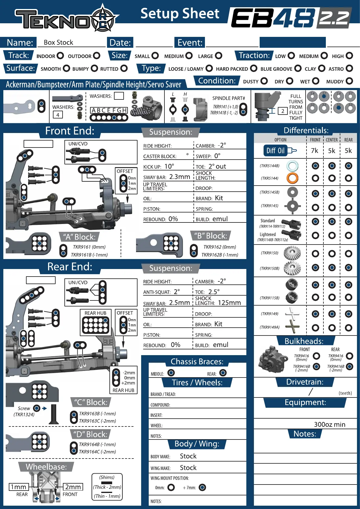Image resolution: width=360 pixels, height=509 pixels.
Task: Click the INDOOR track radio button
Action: tap(60, 56)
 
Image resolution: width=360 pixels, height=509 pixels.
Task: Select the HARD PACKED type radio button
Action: tap(254, 68)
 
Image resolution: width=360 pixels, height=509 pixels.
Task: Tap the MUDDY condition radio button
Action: tap(349, 81)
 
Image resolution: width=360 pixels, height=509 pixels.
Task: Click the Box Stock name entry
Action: tap(58, 42)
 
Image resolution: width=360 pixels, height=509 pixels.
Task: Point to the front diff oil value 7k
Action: tap(314, 151)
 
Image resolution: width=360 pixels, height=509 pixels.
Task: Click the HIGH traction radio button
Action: tap(349, 56)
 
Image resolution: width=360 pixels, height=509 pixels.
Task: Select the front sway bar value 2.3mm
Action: tap(180, 177)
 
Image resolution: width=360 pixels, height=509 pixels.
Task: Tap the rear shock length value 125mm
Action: tap(229, 303)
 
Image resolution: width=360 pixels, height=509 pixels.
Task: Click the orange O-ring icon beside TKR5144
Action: tap(292, 178)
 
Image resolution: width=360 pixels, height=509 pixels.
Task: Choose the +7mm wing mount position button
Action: tap(203, 487)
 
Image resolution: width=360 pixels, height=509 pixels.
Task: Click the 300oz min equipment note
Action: tap(329, 424)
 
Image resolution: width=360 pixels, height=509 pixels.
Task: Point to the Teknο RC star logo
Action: tap(103, 18)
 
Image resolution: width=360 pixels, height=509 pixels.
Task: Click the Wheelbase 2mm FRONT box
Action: tap(73, 487)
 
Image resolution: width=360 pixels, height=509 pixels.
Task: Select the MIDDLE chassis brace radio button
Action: tap(171, 373)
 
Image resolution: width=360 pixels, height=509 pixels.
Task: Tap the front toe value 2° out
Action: tap(217, 167)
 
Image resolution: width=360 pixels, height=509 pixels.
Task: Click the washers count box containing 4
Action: tap(58, 115)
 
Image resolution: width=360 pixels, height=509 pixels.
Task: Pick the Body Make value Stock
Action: tap(188, 456)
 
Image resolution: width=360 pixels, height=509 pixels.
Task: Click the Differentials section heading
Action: tap(306, 130)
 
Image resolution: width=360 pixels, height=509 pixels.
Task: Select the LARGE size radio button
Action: tap(219, 56)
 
